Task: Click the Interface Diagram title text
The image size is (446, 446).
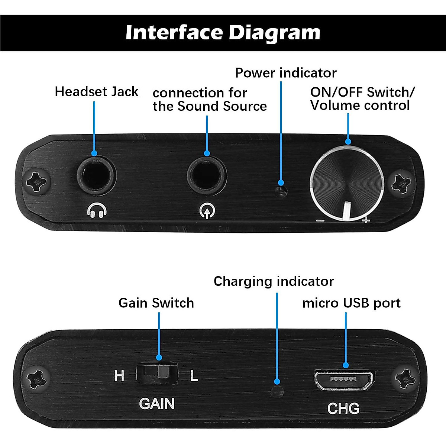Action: click(223, 32)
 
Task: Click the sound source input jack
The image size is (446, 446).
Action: click(207, 175)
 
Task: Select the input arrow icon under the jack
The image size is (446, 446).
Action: click(207, 211)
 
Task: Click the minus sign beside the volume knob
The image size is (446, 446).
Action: click(320, 220)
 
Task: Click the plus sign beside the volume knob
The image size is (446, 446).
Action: click(366, 221)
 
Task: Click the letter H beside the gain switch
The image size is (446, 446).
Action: click(119, 376)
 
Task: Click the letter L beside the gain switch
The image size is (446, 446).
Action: click(194, 376)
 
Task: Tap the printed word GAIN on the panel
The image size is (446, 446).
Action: click(156, 404)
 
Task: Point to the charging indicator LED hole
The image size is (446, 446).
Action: click(277, 391)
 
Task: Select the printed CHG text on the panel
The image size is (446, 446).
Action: click(343, 408)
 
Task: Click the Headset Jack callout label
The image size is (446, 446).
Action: click(97, 92)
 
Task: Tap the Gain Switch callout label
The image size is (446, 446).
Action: click(156, 303)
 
